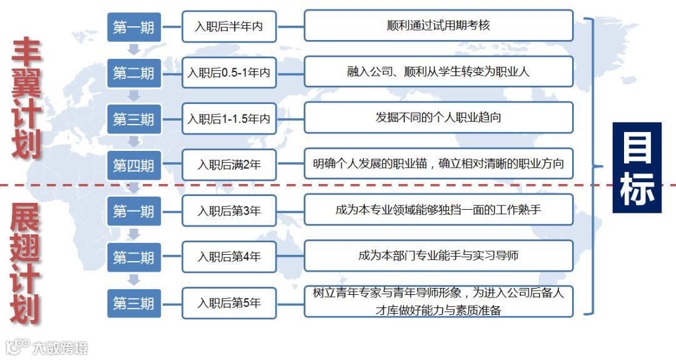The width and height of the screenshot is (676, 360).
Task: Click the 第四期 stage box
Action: click(x=133, y=165)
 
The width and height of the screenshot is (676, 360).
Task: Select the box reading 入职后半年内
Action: click(x=228, y=27)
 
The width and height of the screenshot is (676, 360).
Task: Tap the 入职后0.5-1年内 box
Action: click(x=228, y=73)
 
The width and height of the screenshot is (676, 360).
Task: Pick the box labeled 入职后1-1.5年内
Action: click(x=228, y=119)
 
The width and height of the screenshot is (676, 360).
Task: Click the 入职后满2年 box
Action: click(x=228, y=165)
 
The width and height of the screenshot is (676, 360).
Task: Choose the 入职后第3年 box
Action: click(x=228, y=212)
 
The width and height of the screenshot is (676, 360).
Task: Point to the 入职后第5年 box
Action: click(x=228, y=303)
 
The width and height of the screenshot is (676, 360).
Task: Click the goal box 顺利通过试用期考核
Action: click(x=438, y=26)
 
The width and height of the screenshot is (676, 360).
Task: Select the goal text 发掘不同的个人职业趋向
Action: click(x=438, y=118)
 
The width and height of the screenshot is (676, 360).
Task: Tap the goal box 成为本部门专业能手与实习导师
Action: click(x=438, y=255)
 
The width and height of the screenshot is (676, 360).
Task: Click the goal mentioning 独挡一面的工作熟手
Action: click(x=438, y=210)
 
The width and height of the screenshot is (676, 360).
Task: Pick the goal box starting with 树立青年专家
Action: click(x=438, y=302)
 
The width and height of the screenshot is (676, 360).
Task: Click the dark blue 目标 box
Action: click(x=637, y=168)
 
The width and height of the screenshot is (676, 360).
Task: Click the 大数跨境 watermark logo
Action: click(x=46, y=346)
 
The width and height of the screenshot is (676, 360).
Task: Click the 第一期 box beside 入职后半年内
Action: click(x=133, y=28)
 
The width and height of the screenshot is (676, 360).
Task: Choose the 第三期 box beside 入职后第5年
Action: click(x=133, y=304)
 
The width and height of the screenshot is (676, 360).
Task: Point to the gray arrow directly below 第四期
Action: click(x=133, y=187)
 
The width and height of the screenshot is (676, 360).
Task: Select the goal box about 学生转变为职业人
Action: click(x=438, y=71)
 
